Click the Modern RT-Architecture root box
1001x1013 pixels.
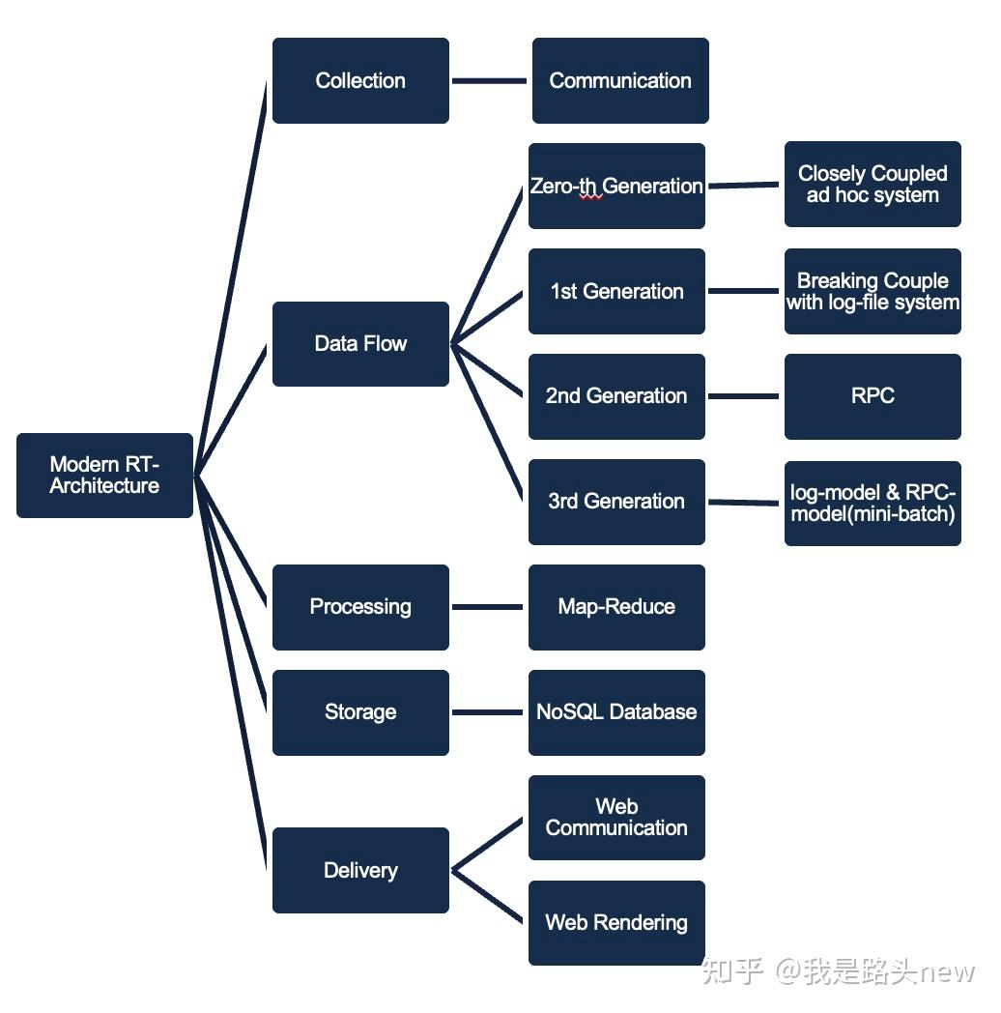click(104, 476)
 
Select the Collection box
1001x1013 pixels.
click(360, 81)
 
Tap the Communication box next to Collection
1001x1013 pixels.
click(620, 81)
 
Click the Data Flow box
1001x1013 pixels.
click(360, 344)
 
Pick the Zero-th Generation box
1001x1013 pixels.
click(616, 187)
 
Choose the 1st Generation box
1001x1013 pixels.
click(616, 292)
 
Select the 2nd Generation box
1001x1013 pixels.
click(616, 396)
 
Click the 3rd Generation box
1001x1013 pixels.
click(616, 502)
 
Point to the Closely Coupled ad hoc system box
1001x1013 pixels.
click(872, 185)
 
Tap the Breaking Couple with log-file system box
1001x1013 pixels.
click(872, 292)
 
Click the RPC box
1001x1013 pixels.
click(872, 396)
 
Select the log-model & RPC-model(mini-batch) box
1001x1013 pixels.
click(872, 504)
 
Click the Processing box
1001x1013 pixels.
click(360, 607)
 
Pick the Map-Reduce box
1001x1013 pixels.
click(616, 607)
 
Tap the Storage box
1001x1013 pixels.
click(360, 712)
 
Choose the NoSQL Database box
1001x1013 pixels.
click(616, 712)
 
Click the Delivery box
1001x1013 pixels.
click(360, 871)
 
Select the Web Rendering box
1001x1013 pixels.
click(616, 923)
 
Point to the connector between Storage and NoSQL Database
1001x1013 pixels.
click(488, 713)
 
